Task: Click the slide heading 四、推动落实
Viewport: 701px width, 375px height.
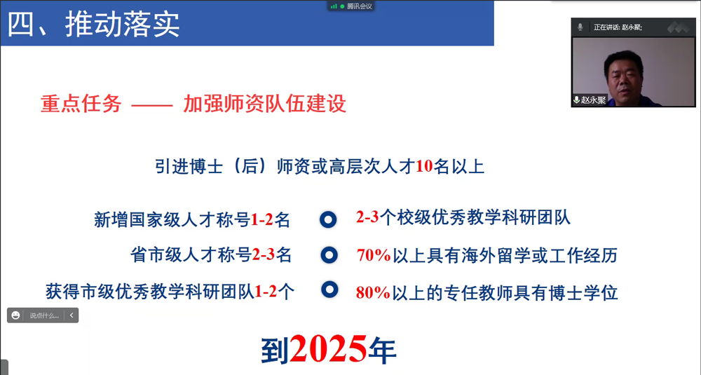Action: click(94, 24)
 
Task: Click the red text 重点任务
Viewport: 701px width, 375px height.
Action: click(81, 104)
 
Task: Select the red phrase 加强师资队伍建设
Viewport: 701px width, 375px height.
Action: click(265, 104)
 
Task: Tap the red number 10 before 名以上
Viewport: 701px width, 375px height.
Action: click(424, 167)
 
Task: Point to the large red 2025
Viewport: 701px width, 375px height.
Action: click(328, 348)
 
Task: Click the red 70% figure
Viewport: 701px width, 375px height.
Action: click(373, 256)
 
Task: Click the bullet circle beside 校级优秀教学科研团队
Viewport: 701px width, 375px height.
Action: click(328, 219)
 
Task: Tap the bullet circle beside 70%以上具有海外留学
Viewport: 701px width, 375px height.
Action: click(329, 255)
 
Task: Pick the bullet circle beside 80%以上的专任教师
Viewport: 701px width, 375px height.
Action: click(329, 289)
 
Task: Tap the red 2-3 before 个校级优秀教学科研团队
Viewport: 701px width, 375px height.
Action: click(367, 218)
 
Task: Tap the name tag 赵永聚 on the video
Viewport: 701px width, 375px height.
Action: click(593, 100)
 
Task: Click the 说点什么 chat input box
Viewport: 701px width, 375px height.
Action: click(44, 316)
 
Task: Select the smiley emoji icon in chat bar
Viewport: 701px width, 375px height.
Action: click(16, 316)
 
